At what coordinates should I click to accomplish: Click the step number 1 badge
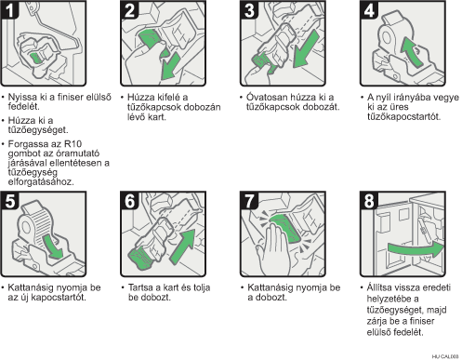coord(9,10)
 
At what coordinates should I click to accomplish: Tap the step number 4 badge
coord(369,10)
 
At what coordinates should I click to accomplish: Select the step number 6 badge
coord(129,201)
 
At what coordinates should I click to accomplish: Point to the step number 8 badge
coord(369,201)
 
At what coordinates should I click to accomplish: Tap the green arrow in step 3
coord(305,49)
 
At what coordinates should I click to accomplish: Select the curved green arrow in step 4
coord(412,51)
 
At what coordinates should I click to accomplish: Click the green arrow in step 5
coord(53,247)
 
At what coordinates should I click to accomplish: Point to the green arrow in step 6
coord(183,247)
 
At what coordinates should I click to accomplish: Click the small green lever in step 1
coord(35,58)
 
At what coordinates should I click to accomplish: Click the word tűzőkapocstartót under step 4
coord(403,117)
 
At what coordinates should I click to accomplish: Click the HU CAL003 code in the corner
coord(445,356)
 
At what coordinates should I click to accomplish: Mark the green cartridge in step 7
coord(284,228)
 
